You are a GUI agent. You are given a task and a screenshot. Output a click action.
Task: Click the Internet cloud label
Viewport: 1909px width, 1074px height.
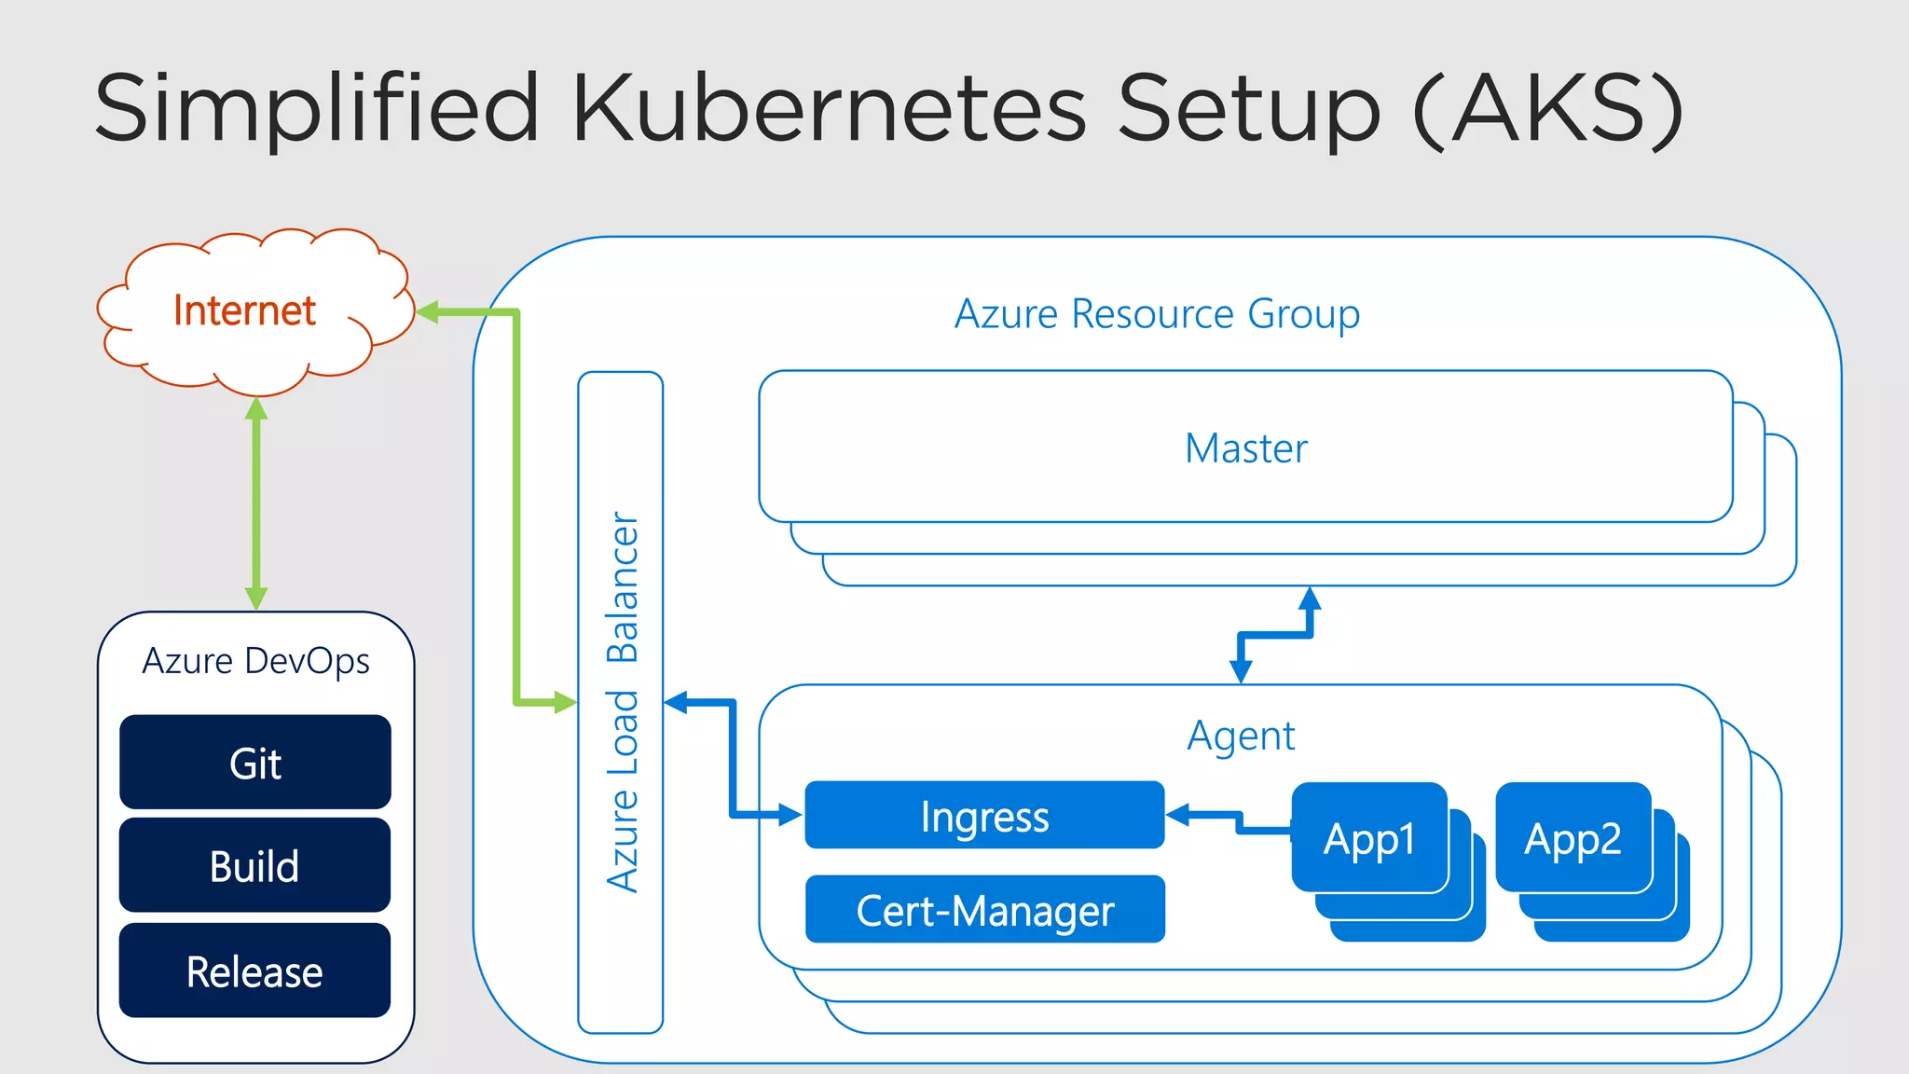coord(244,310)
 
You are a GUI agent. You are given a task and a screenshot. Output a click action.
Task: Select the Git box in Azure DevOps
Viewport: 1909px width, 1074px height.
coord(255,763)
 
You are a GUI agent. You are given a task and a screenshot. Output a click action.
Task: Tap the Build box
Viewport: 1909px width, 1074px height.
coord(255,866)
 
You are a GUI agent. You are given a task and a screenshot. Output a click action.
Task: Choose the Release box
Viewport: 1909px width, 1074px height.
coord(255,971)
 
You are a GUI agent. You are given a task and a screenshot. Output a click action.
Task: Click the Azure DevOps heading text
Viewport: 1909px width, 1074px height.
coord(255,661)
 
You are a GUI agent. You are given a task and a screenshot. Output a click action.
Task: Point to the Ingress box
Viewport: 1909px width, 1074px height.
coord(984,816)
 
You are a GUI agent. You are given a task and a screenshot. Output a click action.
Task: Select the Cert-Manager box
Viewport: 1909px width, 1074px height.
coord(984,910)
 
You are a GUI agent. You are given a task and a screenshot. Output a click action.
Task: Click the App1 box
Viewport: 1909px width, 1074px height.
coord(1369,838)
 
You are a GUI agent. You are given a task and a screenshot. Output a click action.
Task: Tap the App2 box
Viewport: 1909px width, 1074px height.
coord(1573,838)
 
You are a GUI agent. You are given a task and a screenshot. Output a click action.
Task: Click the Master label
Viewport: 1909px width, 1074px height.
coord(1245,448)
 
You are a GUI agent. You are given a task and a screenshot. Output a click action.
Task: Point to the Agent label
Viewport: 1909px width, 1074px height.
coord(1241,736)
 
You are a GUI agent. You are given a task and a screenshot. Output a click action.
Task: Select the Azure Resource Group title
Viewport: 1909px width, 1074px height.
coord(1157,313)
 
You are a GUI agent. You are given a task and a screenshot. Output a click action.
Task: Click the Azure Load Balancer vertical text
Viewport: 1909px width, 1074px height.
coord(622,701)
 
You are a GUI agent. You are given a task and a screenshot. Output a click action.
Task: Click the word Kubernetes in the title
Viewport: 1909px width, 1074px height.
coord(828,108)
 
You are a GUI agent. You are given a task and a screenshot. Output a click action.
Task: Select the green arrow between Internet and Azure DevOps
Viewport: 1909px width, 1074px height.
coord(256,503)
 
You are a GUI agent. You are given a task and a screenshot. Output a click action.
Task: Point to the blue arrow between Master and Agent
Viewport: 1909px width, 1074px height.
coord(1275,635)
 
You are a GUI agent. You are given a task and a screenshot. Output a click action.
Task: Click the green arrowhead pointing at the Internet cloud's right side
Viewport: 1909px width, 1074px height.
coord(427,312)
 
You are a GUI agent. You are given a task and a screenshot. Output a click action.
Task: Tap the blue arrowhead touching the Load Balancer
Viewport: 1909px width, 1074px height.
coord(676,702)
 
